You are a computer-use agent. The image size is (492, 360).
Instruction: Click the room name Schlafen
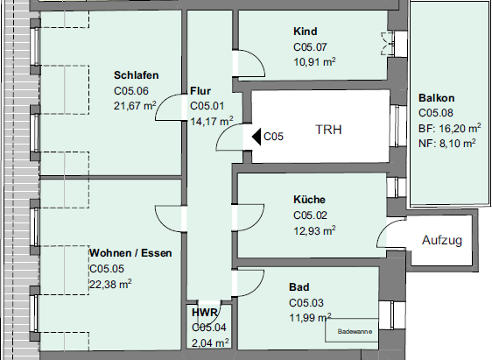[137, 75]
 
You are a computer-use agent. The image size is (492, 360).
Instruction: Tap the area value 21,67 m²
[135, 105]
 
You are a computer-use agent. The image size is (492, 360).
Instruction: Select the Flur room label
[200, 91]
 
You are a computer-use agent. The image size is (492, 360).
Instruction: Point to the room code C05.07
[310, 47]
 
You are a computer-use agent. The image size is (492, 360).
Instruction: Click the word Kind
[306, 32]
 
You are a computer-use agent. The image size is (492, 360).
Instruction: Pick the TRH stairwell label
[328, 130]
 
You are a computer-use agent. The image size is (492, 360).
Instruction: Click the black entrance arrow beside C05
[257, 137]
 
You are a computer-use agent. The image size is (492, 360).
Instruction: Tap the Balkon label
[437, 98]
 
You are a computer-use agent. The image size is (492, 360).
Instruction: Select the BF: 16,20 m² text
[450, 128]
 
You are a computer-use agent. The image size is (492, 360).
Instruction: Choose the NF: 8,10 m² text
[447, 144]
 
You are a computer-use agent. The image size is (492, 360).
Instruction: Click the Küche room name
[309, 200]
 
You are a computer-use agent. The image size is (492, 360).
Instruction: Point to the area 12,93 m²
[314, 230]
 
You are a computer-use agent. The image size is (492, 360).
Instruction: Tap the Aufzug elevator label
[442, 240]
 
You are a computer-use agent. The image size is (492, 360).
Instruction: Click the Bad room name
[299, 287]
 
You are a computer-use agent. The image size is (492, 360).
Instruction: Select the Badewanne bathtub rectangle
[351, 330]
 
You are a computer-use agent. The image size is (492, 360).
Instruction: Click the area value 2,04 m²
[210, 342]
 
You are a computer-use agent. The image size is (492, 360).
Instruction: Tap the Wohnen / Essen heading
[130, 253]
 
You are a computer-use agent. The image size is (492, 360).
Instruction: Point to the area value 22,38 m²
[110, 285]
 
